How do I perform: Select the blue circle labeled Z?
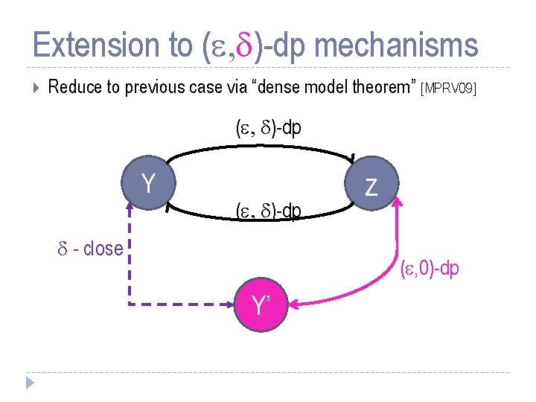click(x=372, y=186)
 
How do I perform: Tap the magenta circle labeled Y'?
click(x=260, y=305)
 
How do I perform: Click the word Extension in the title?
click(x=112, y=45)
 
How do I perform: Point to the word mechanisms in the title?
click(x=396, y=45)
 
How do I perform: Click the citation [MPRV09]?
click(x=447, y=89)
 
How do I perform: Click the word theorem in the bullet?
click(x=378, y=88)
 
